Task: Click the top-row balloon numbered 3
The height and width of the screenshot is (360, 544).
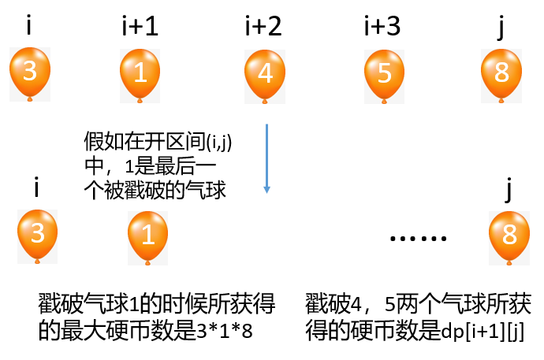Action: click(x=29, y=72)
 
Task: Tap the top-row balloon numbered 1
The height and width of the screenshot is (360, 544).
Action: click(x=140, y=72)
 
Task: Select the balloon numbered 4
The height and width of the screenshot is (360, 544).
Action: click(x=266, y=72)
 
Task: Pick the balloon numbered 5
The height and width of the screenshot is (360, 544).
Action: click(x=384, y=72)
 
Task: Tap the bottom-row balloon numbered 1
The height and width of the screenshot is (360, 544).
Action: click(x=148, y=232)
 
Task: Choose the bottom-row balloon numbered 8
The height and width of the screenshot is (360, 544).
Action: click(x=509, y=232)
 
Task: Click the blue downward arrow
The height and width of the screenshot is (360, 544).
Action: click(x=267, y=158)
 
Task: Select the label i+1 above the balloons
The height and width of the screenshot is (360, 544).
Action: click(x=140, y=28)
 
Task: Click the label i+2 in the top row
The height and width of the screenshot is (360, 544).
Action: click(x=263, y=28)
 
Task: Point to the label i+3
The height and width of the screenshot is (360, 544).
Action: click(x=382, y=28)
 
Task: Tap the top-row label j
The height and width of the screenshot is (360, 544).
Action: click(x=502, y=28)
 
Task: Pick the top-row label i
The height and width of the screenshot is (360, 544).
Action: click(x=29, y=28)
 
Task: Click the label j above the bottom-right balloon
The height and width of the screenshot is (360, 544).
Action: click(x=510, y=190)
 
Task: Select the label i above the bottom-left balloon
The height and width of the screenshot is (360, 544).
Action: click(x=38, y=188)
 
